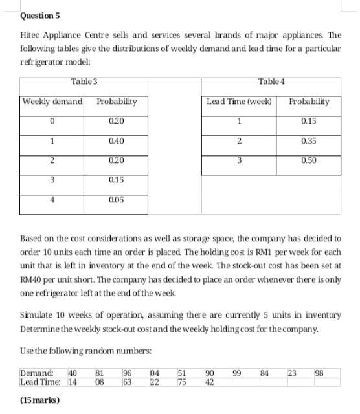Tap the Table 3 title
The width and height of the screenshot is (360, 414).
84,81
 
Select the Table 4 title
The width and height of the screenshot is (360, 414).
270,81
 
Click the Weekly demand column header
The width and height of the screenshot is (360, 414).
52,102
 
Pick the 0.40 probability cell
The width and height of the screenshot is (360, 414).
117,140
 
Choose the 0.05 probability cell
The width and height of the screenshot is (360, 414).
117,201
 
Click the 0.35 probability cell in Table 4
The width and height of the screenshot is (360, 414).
309,140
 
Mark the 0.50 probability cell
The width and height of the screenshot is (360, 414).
309,160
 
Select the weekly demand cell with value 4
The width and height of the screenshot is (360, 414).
51,201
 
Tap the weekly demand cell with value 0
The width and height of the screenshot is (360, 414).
51,121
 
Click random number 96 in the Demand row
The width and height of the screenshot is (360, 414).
127,372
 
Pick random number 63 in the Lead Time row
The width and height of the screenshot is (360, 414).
127,381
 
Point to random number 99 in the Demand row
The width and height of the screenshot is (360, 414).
237,372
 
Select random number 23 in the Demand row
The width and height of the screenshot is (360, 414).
291,372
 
